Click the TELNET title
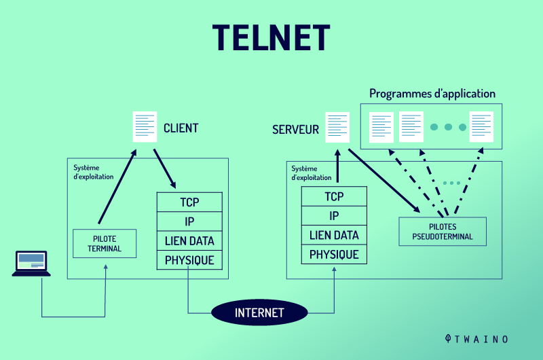tap(271, 37)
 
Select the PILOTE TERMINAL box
tap(105, 244)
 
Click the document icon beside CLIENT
tap(145, 127)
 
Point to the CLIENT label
tap(181, 128)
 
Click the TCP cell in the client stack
tap(189, 202)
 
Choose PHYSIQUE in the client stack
tap(189, 259)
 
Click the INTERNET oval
tap(259, 313)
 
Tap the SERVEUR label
tap(295, 129)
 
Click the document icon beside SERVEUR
tap(337, 127)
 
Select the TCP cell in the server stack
tap(334, 197)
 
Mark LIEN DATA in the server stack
tap(334, 235)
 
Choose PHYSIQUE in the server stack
tap(334, 255)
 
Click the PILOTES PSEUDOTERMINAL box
tap(443, 232)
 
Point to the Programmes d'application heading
tap(432, 94)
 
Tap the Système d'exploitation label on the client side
tap(94, 172)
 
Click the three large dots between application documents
tap(448, 127)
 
